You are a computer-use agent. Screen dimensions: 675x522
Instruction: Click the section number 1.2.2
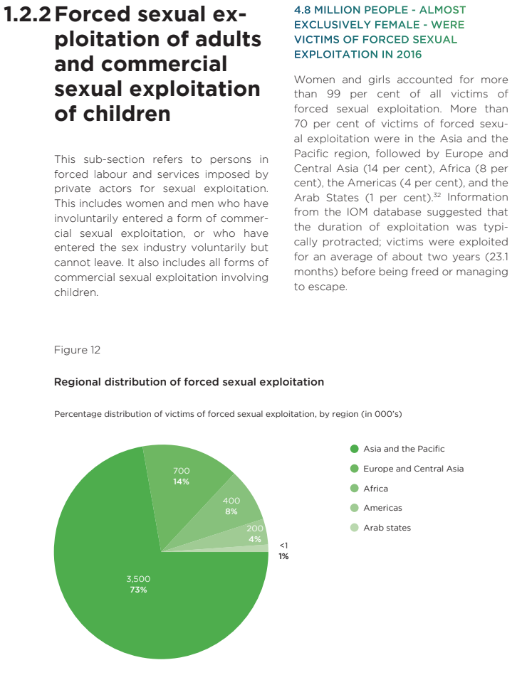point(27,15)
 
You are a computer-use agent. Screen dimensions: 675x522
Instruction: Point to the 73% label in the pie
point(138,590)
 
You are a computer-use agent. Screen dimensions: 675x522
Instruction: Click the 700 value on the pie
point(181,471)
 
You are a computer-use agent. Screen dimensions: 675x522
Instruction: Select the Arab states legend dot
point(354,528)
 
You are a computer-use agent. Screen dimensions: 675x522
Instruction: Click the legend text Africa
point(375,489)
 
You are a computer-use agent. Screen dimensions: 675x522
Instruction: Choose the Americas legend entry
point(382,508)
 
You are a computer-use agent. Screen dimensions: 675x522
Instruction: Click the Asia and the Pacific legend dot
point(354,449)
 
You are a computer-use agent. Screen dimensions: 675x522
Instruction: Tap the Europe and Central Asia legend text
point(413,469)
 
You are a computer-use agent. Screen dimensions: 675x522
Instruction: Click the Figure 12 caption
point(77,350)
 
